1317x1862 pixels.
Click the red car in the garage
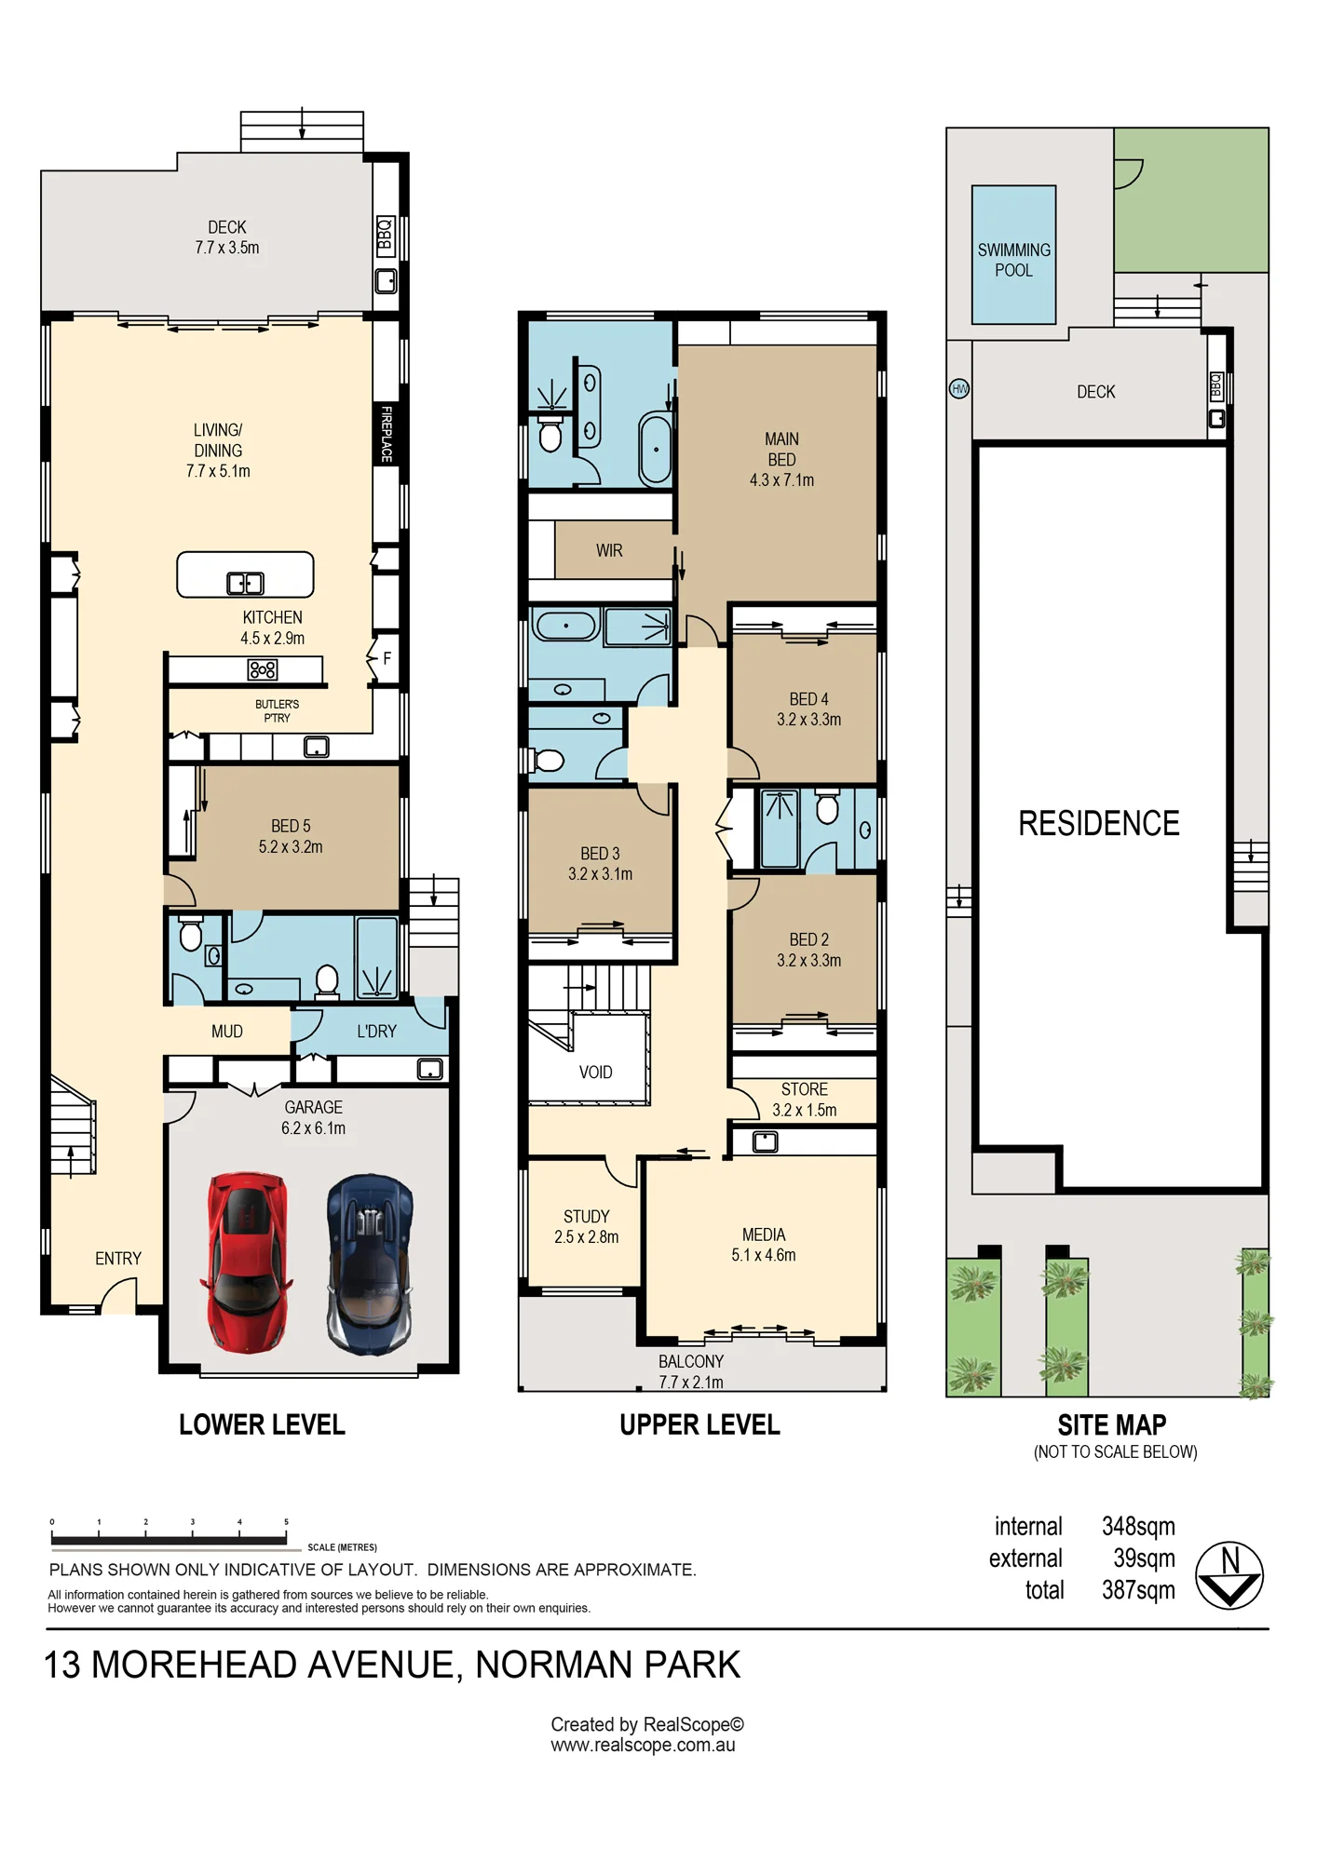pyautogui.click(x=246, y=1262)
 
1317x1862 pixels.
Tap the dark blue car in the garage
pyautogui.click(x=370, y=1263)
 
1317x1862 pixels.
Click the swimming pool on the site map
pyautogui.click(x=1013, y=255)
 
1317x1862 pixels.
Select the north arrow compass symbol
pyautogui.click(x=1229, y=1575)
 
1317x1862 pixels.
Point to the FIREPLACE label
pyautogui.click(x=387, y=434)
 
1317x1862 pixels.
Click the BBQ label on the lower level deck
pyautogui.click(x=386, y=236)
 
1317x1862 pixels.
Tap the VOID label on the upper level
pyautogui.click(x=595, y=1073)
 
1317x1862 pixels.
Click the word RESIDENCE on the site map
pyautogui.click(x=1099, y=824)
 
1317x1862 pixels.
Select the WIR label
pyautogui.click(x=609, y=551)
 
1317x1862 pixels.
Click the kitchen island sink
pyautogui.click(x=245, y=584)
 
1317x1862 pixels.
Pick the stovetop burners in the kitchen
pyautogui.click(x=263, y=669)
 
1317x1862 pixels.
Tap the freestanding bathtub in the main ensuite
pyautogui.click(x=656, y=450)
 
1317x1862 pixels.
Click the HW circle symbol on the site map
pyautogui.click(x=959, y=388)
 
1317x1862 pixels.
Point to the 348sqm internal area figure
pyautogui.click(x=1138, y=1527)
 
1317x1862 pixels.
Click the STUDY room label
pyautogui.click(x=587, y=1217)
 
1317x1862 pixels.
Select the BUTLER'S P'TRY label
pyautogui.click(x=278, y=711)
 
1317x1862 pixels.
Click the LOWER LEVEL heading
pyautogui.click(x=262, y=1424)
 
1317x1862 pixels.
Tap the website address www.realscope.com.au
pyautogui.click(x=643, y=1746)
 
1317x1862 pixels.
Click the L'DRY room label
pyautogui.click(x=376, y=1032)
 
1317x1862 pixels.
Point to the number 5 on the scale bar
pyautogui.click(x=286, y=1522)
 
